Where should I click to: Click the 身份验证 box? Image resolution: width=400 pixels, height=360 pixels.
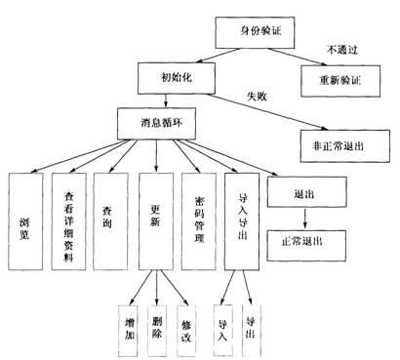pos(255,32)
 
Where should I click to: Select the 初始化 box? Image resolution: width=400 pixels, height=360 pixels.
pos(177,78)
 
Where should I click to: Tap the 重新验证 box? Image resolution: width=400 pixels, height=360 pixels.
pos(340,81)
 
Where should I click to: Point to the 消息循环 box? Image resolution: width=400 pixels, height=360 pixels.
pos(156,124)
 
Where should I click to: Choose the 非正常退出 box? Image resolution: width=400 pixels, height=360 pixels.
pos(345,146)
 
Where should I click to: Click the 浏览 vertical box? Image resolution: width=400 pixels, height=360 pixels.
pos(25,221)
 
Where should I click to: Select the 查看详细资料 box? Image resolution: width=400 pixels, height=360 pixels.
pos(69,221)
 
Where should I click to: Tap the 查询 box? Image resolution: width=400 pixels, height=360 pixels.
pos(110,221)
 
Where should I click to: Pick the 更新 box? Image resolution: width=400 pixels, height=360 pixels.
pos(156,221)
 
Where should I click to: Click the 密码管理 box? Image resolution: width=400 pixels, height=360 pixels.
pos(199,221)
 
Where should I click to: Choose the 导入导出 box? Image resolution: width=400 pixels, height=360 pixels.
pos(242,221)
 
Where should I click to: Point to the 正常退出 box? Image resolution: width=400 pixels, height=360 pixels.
pos(306,246)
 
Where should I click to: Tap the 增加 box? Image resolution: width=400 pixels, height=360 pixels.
pos(128,331)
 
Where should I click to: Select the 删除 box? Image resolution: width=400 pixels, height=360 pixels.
pos(157,331)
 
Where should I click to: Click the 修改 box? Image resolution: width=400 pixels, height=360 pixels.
pos(186,331)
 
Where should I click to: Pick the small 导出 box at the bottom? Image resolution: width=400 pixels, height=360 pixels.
pos(252,331)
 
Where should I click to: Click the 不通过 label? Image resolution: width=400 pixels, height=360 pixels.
pos(342,50)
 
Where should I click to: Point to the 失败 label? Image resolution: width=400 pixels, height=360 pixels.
pos(257,97)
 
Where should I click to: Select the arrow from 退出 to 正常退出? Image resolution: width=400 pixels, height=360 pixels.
pos(304,219)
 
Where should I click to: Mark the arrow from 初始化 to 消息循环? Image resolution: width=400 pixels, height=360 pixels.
pos(166,101)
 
